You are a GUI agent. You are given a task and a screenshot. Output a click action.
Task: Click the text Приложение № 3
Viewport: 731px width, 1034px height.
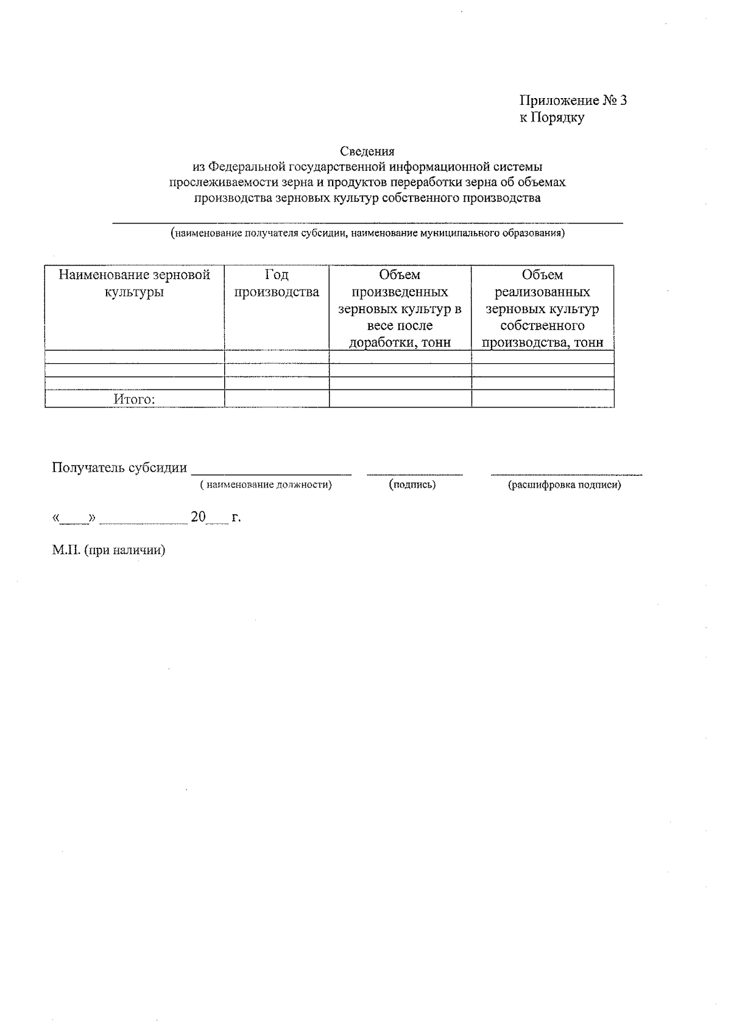(573, 101)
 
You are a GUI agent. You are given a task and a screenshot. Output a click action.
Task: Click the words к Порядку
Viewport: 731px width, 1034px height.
(551, 118)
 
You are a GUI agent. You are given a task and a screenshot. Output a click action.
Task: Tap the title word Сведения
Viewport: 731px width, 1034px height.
(367, 151)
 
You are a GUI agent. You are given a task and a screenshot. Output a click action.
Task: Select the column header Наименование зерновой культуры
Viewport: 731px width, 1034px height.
(134, 283)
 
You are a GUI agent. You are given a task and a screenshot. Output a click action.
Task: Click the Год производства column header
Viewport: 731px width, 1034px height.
(277, 283)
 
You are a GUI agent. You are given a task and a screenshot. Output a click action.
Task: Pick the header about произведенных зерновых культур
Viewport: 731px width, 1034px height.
(400, 308)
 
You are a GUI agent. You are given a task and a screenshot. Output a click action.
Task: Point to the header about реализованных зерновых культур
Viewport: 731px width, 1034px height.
(542, 308)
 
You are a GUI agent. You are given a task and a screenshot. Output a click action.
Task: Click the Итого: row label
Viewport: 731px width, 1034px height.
(134, 399)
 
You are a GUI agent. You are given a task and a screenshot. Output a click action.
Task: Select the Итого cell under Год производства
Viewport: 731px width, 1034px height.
(277, 399)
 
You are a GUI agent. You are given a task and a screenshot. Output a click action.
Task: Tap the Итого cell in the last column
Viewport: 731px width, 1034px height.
(542, 399)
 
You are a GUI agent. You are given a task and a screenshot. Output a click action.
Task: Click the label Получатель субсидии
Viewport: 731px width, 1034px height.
(119, 467)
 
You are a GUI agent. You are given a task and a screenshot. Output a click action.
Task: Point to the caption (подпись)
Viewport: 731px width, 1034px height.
(412, 485)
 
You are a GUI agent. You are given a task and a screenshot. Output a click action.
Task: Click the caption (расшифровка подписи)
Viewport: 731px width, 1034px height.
(565, 486)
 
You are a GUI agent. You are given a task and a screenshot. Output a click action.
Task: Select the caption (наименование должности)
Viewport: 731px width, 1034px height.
(266, 485)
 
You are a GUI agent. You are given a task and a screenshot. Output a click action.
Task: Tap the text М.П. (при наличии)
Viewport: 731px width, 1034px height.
(109, 550)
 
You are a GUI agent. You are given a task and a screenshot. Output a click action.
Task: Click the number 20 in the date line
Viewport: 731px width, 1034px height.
(198, 517)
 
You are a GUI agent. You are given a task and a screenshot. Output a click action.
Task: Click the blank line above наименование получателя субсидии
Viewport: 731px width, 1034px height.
(367, 223)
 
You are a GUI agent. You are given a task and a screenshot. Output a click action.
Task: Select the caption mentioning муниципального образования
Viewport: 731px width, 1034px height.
(367, 233)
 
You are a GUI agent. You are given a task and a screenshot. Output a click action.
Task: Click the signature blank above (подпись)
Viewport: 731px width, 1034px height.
(414, 472)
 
